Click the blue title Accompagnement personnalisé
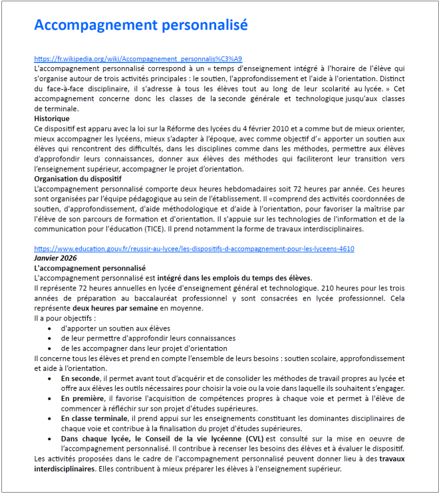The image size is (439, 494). tap(141, 25)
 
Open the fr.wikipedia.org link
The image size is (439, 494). tap(138, 59)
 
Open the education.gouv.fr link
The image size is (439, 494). tap(194, 249)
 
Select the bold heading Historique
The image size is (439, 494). tap(52, 118)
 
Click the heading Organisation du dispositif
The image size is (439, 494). tap(78, 180)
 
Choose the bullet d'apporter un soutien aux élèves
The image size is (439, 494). tap(115, 328)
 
